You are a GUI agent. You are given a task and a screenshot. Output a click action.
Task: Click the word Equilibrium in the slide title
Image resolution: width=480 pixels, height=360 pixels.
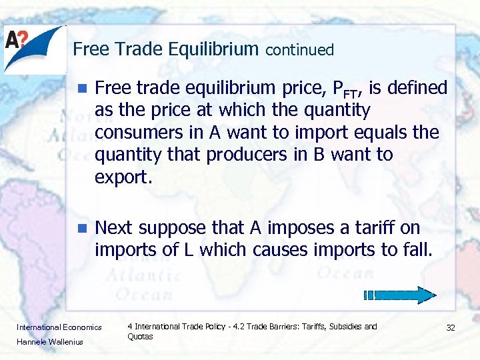click(213, 49)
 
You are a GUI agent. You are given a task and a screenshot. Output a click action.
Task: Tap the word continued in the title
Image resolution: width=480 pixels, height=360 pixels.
click(300, 50)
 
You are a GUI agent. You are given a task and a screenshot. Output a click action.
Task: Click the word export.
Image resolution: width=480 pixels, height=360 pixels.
click(119, 177)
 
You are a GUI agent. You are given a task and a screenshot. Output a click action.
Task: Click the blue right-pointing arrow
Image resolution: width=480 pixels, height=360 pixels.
click(400, 295)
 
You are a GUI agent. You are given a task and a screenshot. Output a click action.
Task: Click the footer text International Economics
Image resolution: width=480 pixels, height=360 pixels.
click(59, 327)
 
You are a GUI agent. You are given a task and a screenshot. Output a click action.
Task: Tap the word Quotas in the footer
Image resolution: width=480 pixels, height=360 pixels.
click(140, 337)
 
